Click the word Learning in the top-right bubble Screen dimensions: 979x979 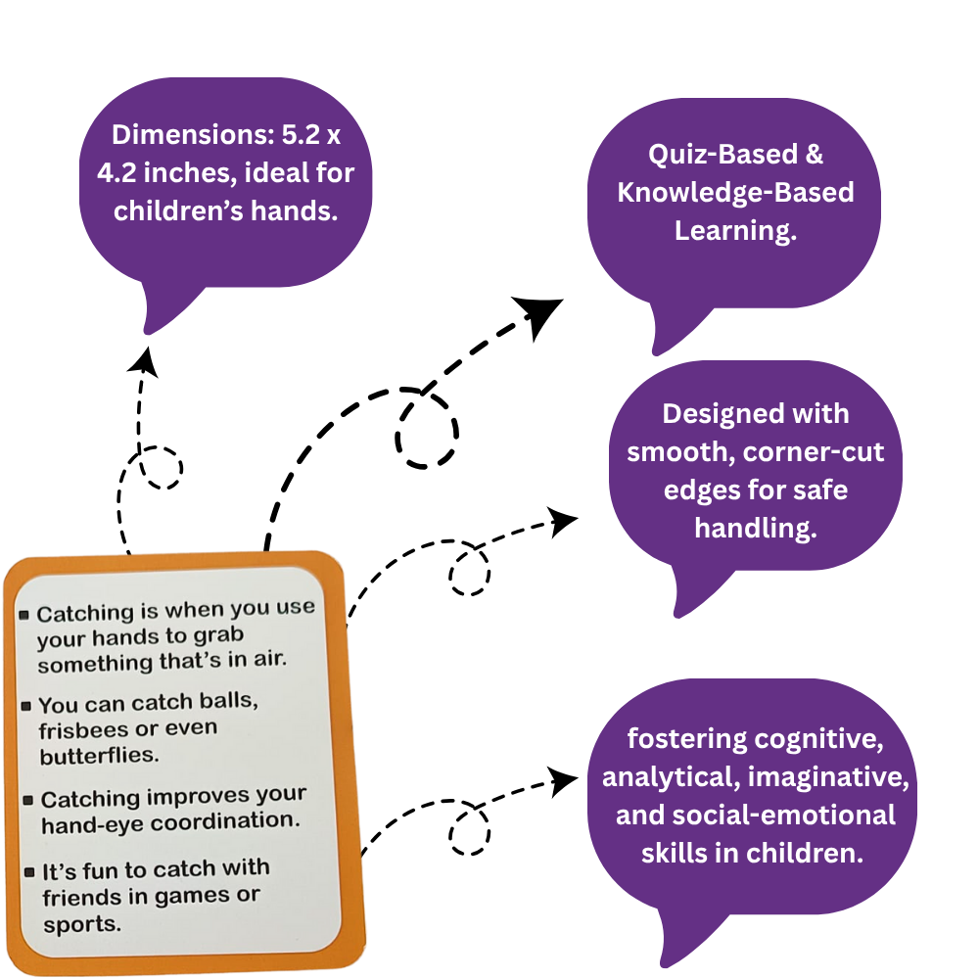(x=734, y=230)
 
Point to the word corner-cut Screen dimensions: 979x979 (x=812, y=451)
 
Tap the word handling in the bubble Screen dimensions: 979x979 (x=755, y=528)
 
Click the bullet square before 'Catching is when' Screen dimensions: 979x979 (x=23, y=614)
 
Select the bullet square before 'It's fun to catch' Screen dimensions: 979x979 (x=28, y=872)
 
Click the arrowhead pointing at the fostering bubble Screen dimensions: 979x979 (x=564, y=780)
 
